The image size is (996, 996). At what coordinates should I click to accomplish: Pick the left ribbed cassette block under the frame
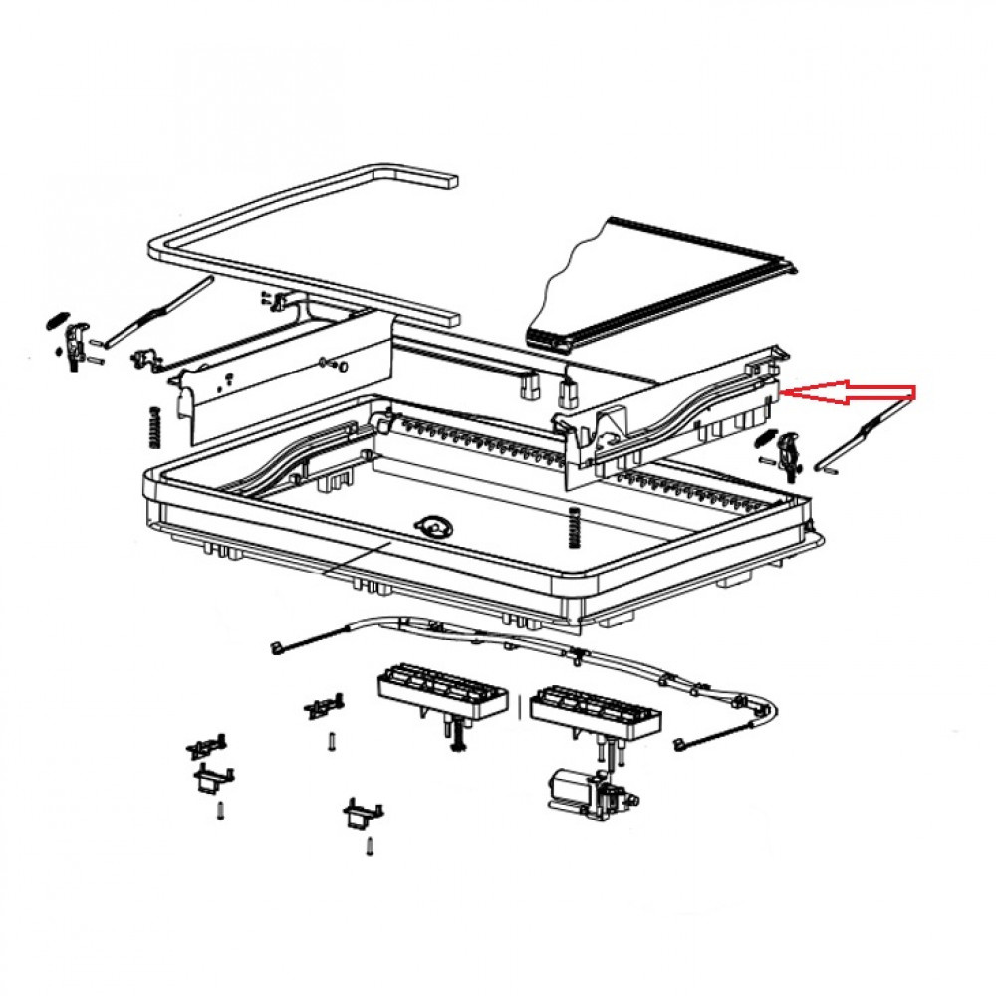[443, 690]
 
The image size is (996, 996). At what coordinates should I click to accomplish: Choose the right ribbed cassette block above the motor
[596, 710]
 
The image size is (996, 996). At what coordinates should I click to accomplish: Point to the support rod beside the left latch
[159, 313]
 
